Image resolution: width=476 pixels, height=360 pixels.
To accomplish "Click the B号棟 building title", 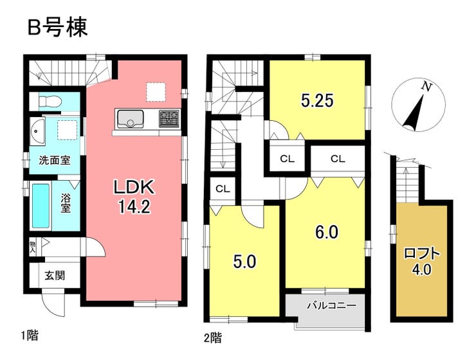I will coord(57,28).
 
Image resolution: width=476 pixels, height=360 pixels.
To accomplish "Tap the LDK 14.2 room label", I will coord(133,196).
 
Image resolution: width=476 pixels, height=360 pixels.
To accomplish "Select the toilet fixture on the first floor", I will coord(49,102).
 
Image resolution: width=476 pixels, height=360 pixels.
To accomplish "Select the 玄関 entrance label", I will coord(55,277).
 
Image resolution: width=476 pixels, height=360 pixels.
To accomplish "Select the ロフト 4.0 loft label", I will coord(422,260).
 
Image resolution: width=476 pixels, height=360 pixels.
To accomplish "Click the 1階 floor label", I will coord(29,335).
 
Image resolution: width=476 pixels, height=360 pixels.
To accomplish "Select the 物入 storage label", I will coord(33,247).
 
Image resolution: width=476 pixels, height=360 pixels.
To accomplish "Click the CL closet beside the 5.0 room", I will coord(223,189).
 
